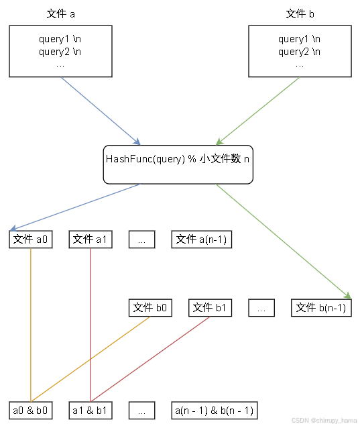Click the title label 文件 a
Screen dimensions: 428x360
61,14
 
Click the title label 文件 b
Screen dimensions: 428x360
300,14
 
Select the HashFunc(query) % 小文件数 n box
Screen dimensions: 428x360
178,164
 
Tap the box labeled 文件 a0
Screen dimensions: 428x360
31,239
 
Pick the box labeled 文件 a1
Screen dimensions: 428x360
91,239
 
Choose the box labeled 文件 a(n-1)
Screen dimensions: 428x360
202,239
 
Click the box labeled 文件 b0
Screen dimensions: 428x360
150,308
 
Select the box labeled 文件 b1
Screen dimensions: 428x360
210,308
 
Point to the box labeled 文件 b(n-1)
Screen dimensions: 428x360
321,308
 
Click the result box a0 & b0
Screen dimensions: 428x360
31,410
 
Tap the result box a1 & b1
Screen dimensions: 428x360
91,410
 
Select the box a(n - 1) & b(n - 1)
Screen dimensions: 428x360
213,410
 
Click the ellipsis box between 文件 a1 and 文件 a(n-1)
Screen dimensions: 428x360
142,239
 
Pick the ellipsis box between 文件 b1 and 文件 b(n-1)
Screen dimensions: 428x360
261,308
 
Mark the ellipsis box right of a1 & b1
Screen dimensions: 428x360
142,410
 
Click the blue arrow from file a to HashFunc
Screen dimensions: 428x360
101,110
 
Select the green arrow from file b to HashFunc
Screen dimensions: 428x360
258,110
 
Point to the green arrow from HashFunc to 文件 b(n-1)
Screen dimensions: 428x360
282,239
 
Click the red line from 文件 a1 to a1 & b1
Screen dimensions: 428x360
91,322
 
